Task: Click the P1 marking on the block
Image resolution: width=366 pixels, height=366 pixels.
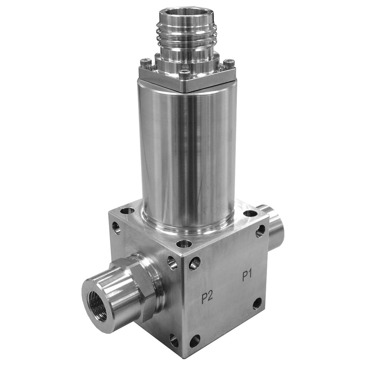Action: click(247, 276)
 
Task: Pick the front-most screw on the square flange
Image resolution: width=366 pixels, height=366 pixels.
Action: click(184, 74)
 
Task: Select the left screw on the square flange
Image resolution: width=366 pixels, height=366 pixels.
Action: click(146, 63)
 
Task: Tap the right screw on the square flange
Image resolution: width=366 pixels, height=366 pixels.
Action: click(229, 64)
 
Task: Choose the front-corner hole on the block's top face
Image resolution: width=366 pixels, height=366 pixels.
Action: click(184, 244)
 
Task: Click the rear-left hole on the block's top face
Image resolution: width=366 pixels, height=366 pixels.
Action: click(127, 211)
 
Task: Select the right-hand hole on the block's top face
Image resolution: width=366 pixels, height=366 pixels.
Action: click(250, 214)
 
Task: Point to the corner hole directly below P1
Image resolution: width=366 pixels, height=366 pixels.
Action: click(257, 303)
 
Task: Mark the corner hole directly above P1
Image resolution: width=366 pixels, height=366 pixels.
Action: click(260, 231)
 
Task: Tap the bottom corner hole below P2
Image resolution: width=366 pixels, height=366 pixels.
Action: click(195, 341)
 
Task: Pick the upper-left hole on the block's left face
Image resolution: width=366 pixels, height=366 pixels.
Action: click(117, 228)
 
